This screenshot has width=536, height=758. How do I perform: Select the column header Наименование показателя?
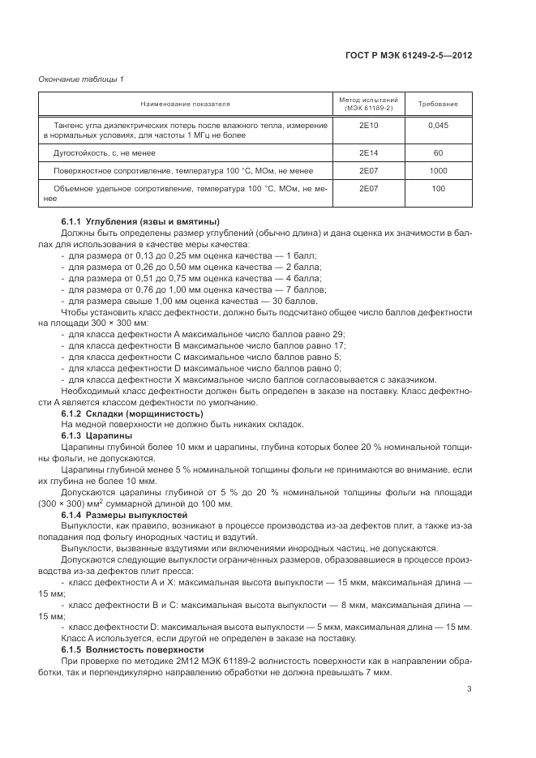pos(186,104)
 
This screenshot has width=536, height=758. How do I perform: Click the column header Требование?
pos(438,104)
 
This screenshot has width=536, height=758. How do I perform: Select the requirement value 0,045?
pos(438,126)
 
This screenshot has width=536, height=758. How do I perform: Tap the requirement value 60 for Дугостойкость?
pos(438,152)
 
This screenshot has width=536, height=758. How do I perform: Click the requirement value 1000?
pos(438,171)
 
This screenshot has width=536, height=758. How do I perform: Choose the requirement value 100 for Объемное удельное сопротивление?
pos(438,188)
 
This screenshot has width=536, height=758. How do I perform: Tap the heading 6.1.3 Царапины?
pos(96,435)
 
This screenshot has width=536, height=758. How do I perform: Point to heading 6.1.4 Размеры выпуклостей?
pos(124,515)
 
